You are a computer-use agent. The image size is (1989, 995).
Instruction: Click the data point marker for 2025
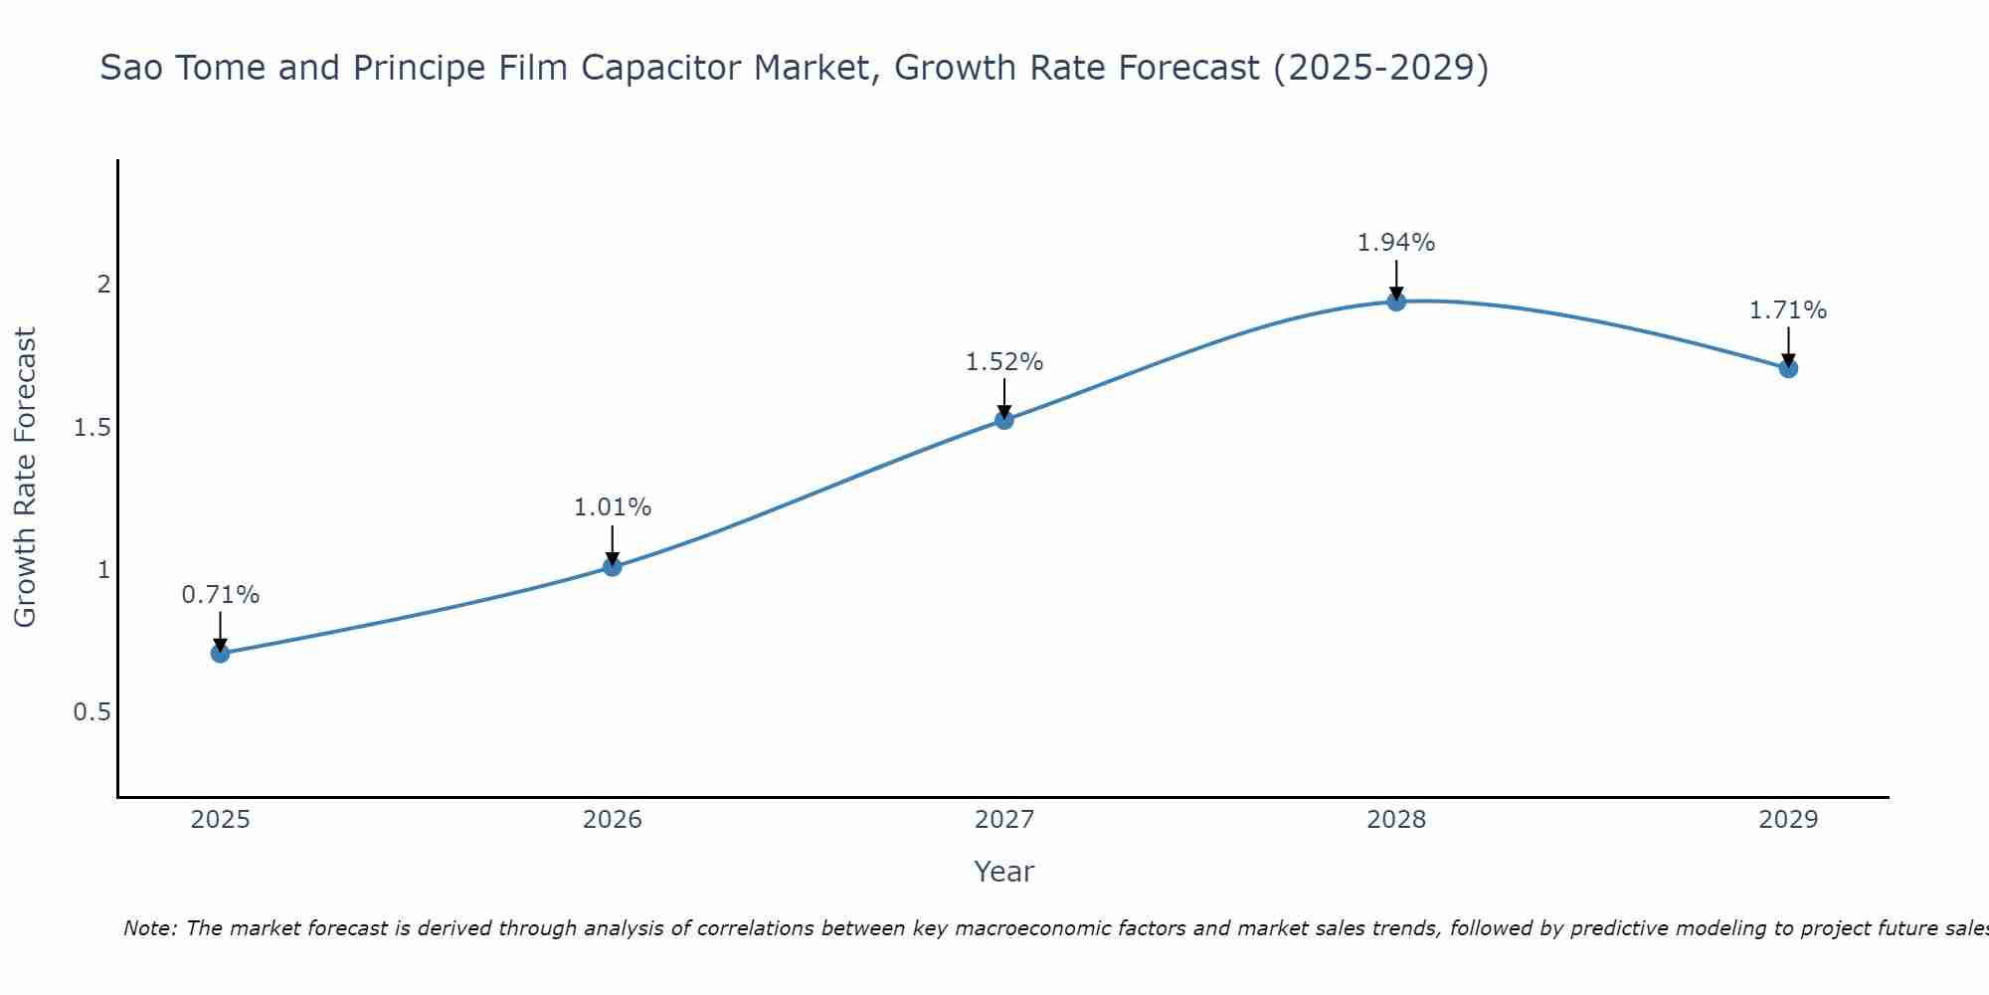pyautogui.click(x=221, y=654)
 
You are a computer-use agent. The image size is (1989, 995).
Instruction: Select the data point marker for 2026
pyautogui.click(x=613, y=567)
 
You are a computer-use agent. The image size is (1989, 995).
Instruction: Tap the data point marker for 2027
pyautogui.click(x=1004, y=420)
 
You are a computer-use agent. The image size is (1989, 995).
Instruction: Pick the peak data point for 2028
pyautogui.click(x=1396, y=301)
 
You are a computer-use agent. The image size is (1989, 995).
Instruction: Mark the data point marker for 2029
pyautogui.click(x=1788, y=368)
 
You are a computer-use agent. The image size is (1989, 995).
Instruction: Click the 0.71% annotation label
pyautogui.click(x=221, y=595)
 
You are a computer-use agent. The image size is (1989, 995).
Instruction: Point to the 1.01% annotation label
pyautogui.click(x=613, y=507)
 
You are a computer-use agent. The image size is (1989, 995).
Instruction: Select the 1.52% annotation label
pyautogui.click(x=1004, y=362)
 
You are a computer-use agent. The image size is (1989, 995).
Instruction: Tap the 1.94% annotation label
pyautogui.click(x=1396, y=243)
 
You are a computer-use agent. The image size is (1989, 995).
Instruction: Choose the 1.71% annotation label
pyautogui.click(x=1788, y=310)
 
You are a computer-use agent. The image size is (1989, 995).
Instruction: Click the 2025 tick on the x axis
pyautogui.click(x=221, y=820)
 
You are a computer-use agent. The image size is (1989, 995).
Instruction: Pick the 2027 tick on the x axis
pyautogui.click(x=1004, y=820)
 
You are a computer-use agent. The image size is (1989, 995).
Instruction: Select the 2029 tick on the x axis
pyautogui.click(x=1788, y=820)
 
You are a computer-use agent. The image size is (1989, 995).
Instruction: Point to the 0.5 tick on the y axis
pyautogui.click(x=92, y=712)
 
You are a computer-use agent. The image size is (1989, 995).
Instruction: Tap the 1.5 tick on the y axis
pyautogui.click(x=92, y=428)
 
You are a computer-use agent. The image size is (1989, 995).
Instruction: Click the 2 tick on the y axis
pyautogui.click(x=103, y=285)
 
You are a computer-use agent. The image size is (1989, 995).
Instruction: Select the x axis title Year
pyautogui.click(x=1004, y=872)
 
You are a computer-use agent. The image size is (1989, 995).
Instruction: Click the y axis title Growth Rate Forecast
pyautogui.click(x=26, y=478)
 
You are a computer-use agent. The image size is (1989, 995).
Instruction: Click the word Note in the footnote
pyautogui.click(x=149, y=928)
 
